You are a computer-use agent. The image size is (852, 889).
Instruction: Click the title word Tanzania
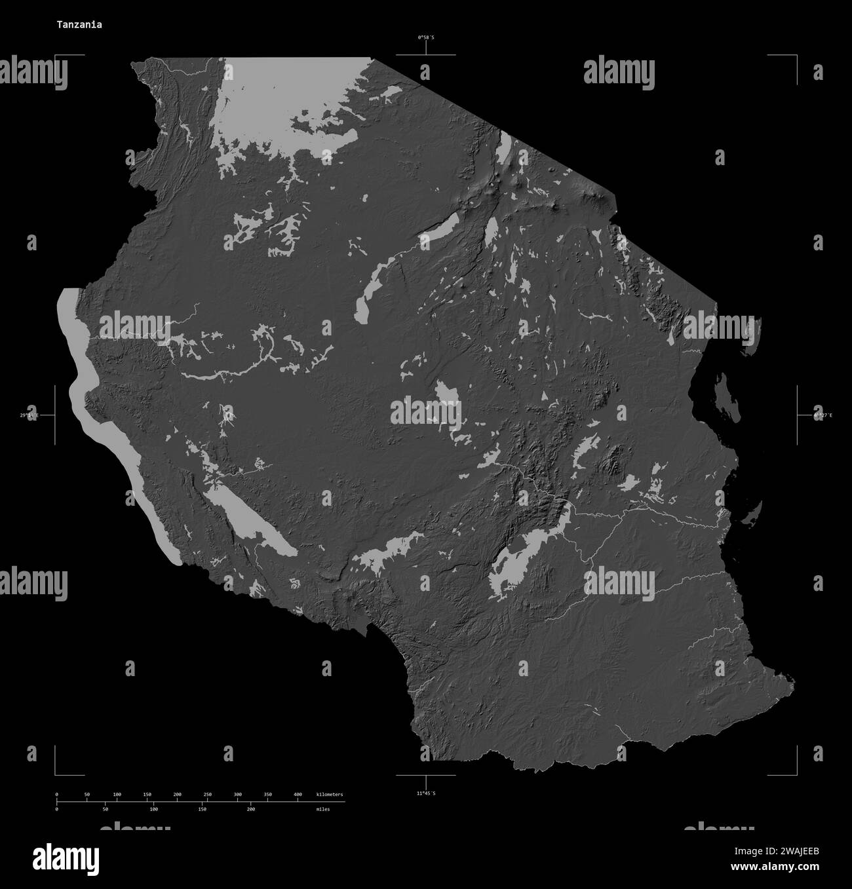[79, 24]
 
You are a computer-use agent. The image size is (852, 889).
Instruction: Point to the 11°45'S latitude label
[426, 793]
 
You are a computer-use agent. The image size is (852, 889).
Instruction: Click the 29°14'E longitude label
[29, 415]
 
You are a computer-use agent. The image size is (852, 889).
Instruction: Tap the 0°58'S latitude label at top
[426, 38]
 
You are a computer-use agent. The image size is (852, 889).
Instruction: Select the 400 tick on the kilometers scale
[298, 795]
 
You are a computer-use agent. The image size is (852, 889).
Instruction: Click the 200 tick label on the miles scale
[250, 809]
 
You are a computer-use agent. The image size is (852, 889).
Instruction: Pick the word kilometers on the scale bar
[329, 795]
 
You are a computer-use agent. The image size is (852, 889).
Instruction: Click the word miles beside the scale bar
[322, 809]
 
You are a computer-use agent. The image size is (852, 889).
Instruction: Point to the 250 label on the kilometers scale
[208, 795]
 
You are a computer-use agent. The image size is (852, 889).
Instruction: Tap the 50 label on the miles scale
[105, 809]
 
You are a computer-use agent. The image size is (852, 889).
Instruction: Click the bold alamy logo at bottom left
[66, 858]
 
